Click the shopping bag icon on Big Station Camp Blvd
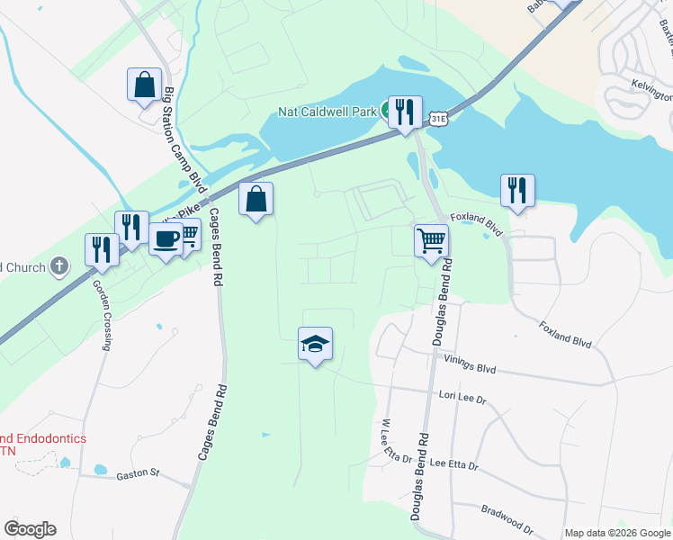pyautogui.click(x=144, y=85)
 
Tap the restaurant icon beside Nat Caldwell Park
pyautogui.click(x=405, y=112)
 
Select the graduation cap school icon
pyautogui.click(x=315, y=344)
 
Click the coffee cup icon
pyautogui.click(x=166, y=239)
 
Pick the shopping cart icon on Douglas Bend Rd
pyautogui.click(x=431, y=241)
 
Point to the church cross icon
pyautogui.click(x=59, y=265)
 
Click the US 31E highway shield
pyautogui.click(x=438, y=119)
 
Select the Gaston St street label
pyautogui.click(x=137, y=472)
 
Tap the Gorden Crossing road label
pyautogui.click(x=103, y=313)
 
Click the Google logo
pyautogui.click(x=30, y=529)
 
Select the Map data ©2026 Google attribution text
pyautogui.click(x=617, y=533)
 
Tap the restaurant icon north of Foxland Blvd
pyautogui.click(x=517, y=191)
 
